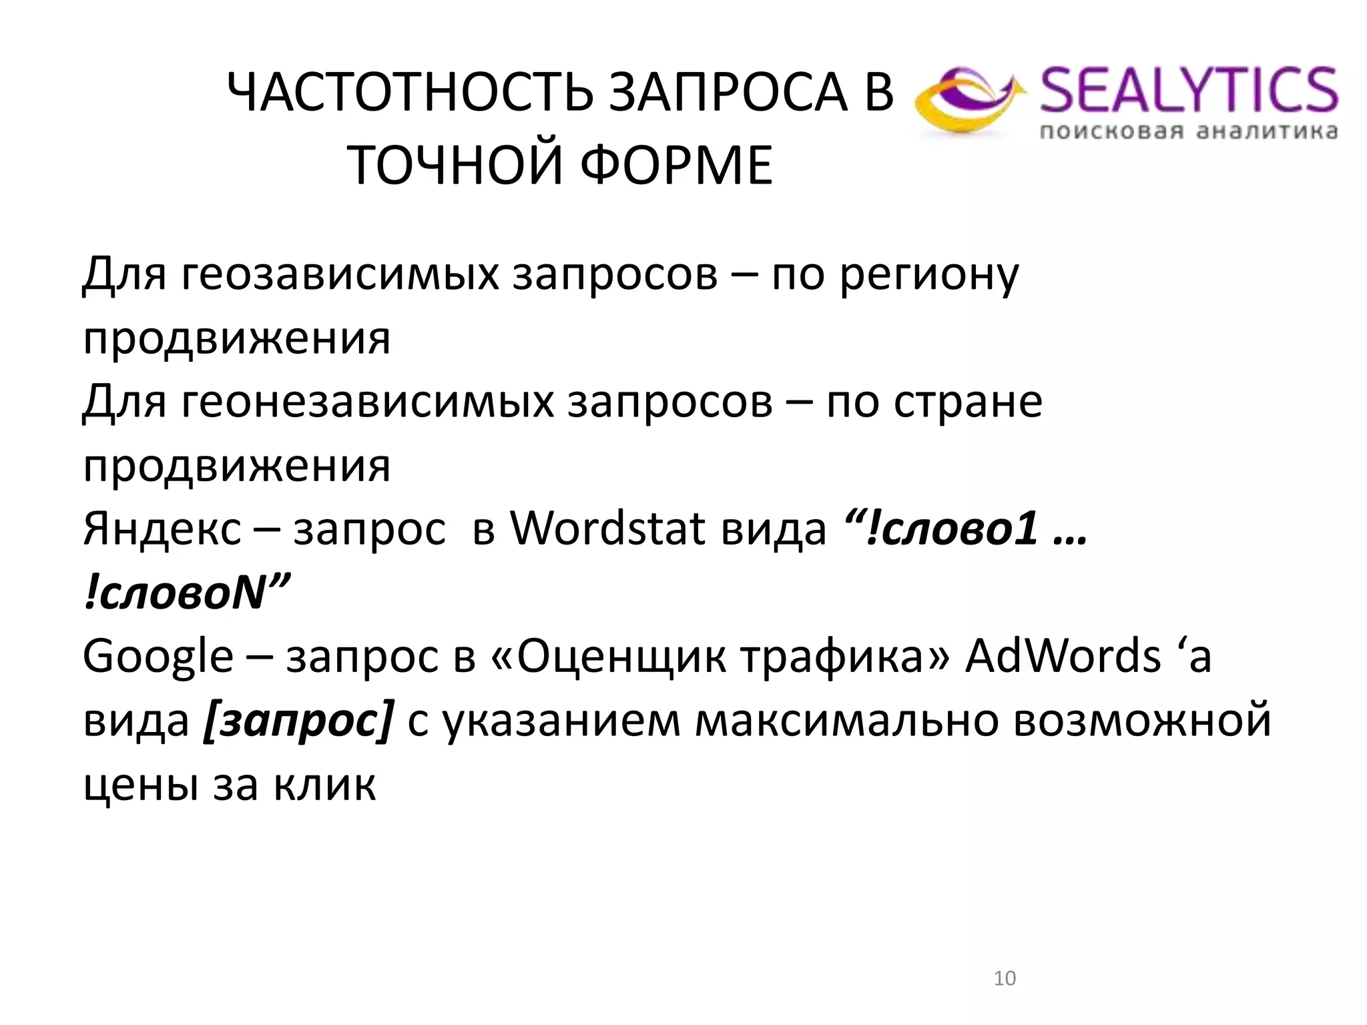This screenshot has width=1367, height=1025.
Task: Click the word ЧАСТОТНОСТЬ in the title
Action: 410,93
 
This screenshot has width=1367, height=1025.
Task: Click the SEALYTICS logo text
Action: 1189,90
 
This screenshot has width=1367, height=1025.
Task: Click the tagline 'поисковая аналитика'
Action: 1189,131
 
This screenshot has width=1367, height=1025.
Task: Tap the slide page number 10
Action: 1005,978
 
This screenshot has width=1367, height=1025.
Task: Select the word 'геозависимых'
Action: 339,275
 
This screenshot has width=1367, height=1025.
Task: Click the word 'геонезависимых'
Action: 366,402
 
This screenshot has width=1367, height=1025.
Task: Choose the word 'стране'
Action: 967,402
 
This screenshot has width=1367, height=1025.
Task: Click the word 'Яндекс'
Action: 162,529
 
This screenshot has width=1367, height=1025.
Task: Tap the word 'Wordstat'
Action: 608,529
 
